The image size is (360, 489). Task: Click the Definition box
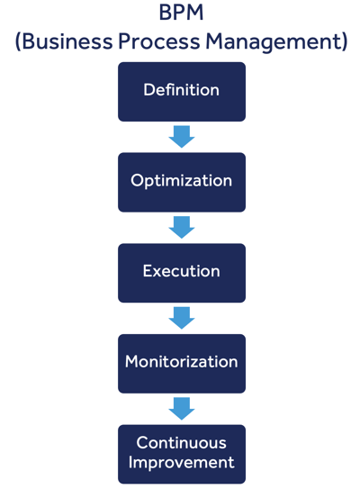click(181, 91)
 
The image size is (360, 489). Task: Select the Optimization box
click(181, 181)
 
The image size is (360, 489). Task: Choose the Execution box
click(181, 272)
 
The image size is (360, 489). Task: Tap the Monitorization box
click(181, 363)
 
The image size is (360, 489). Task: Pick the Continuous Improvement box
click(181, 453)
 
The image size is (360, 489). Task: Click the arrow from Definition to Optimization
click(181, 137)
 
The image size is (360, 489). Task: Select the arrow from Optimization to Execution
click(181, 228)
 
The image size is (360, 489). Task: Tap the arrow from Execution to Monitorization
click(181, 318)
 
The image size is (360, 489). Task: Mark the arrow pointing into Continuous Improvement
click(181, 409)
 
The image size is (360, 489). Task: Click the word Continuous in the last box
click(181, 443)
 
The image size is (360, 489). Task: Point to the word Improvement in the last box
click(181, 463)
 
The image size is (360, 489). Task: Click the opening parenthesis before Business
click(19, 43)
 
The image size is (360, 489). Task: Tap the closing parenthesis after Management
click(343, 43)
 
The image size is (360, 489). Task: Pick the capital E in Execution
click(148, 271)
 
